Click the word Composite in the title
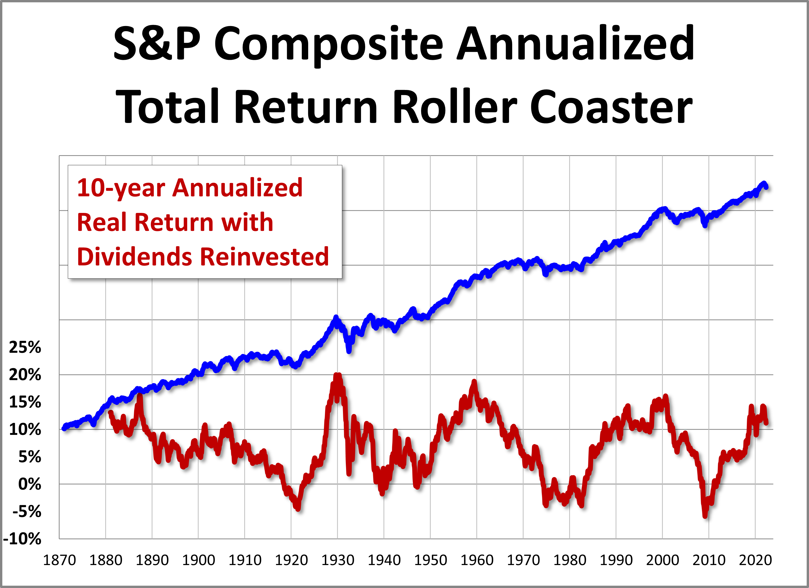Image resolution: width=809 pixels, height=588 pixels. pyautogui.click(x=328, y=45)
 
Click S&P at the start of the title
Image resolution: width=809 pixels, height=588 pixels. pyautogui.click(x=157, y=45)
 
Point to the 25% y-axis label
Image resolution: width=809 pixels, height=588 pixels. pyautogui.click(x=25, y=347)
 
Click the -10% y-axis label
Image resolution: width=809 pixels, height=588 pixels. pyautogui.click(x=22, y=539)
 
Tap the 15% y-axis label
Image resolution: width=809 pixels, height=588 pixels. pyautogui.click(x=25, y=402)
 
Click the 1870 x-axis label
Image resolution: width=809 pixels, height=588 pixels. pyautogui.click(x=59, y=560)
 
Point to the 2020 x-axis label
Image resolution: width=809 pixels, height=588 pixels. pyautogui.click(x=755, y=560)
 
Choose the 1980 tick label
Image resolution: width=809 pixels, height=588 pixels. pyautogui.click(x=570, y=560)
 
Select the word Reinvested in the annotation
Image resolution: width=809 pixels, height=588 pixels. pyautogui.click(x=264, y=257)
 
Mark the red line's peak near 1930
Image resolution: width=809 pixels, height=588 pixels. pyautogui.click(x=337, y=375)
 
